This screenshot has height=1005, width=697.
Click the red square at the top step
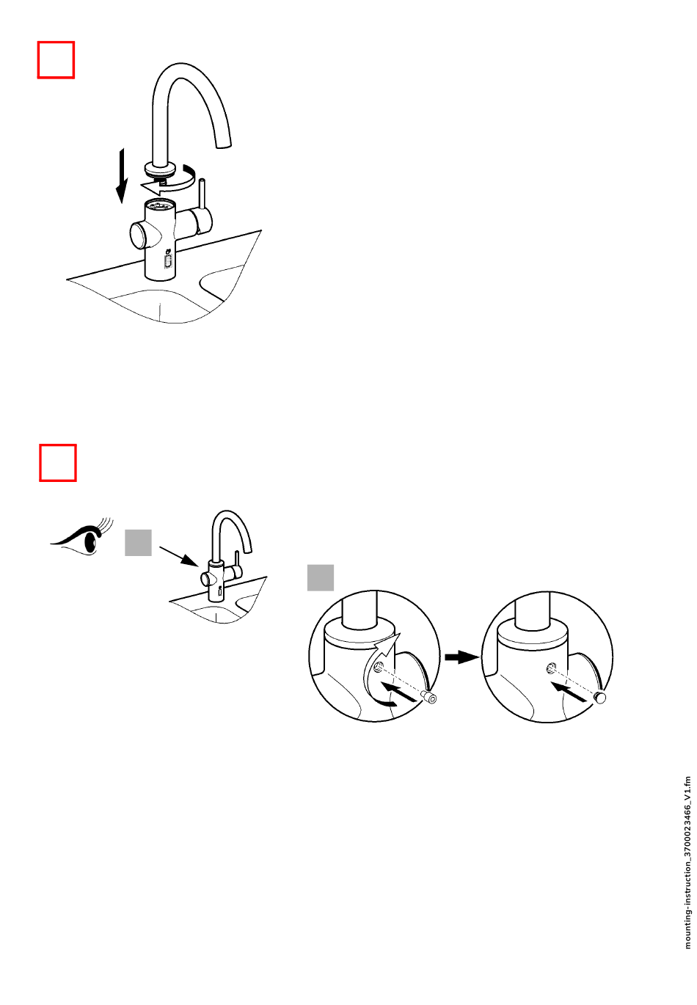tap(56, 59)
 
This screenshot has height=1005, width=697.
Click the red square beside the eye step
tap(57, 463)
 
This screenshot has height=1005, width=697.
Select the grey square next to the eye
tap(138, 542)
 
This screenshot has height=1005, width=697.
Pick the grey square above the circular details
tap(320, 577)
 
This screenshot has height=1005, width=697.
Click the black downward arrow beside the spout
tap(121, 176)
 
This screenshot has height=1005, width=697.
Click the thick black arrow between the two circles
tap(461, 657)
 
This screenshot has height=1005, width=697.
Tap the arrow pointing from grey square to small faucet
tap(178, 556)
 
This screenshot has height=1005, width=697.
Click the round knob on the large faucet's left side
tap(139, 234)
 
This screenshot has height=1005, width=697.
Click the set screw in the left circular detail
tap(428, 698)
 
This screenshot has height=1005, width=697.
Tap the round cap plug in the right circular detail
tap(599, 697)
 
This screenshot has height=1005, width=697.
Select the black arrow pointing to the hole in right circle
tap(569, 691)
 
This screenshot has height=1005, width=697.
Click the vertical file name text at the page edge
tap(687, 863)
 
